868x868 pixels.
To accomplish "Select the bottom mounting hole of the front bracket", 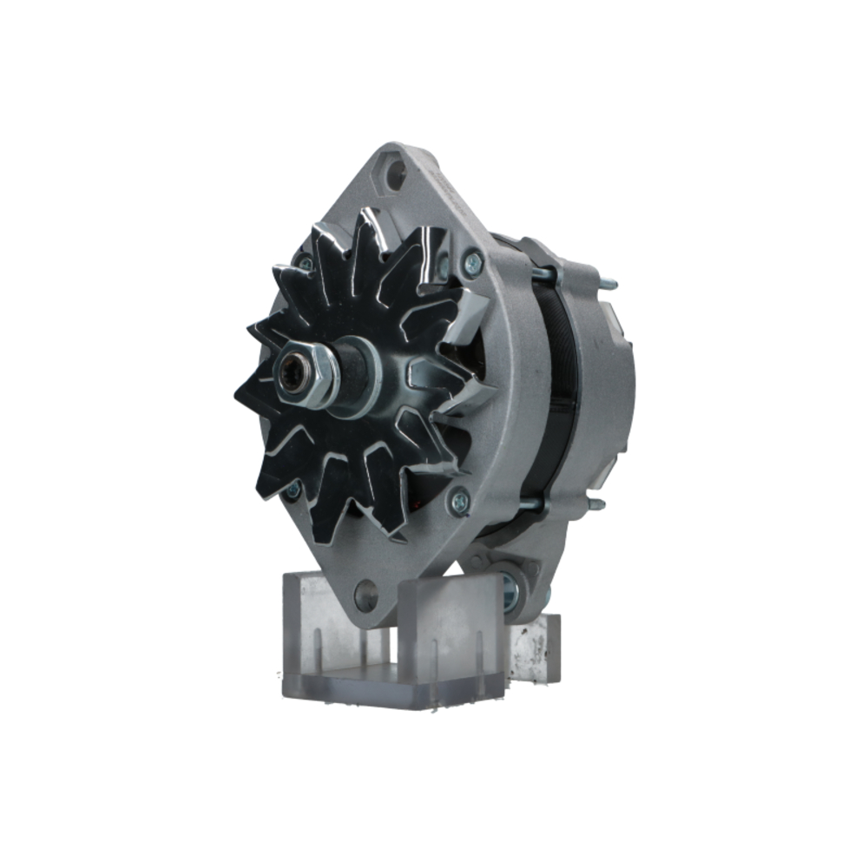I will point(366,595).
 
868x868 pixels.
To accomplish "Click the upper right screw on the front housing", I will point(473,260).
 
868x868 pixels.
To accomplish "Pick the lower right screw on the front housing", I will point(458,500).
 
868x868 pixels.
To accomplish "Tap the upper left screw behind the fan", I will point(305,262).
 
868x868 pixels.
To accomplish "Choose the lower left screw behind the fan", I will point(293,490).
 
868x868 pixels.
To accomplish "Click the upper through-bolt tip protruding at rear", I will point(611,283).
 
